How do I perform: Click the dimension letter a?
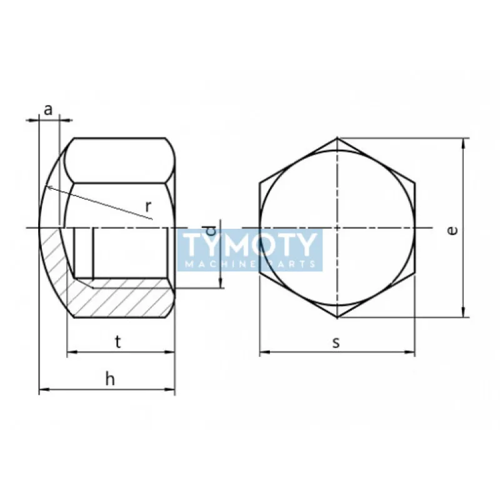(x=48, y=109)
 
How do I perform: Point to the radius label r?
(x=147, y=206)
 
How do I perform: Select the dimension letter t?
(x=119, y=341)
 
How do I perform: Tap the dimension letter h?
(x=110, y=379)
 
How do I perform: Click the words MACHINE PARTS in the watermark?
(x=250, y=264)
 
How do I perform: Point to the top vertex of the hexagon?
(x=337, y=137)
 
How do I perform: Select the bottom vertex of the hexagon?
(x=337, y=317)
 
